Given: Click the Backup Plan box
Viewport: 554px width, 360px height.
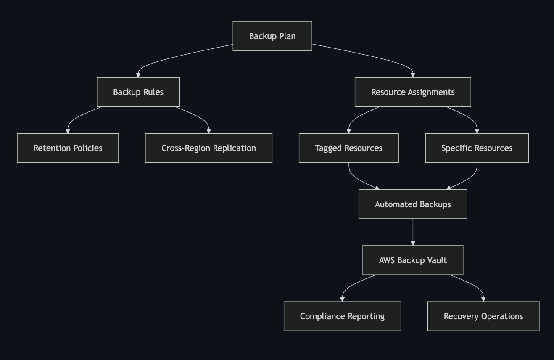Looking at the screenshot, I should tap(272, 36).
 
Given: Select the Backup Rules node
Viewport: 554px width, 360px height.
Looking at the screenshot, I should tap(138, 92).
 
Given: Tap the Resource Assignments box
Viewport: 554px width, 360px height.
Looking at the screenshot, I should tap(413, 92).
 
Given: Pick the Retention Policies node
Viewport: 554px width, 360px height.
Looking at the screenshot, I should tap(68, 148).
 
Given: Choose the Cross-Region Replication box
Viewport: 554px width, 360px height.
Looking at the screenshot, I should tap(208, 148).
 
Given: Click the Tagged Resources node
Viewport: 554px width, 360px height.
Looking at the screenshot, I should tap(349, 148).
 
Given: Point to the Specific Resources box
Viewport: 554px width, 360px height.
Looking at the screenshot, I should tap(477, 148).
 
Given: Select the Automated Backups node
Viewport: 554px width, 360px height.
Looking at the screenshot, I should tap(413, 204).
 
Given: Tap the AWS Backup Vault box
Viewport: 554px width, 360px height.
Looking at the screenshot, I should tap(413, 260).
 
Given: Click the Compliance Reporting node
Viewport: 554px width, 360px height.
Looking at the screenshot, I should tap(342, 316).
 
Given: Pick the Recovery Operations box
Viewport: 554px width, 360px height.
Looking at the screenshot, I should tap(483, 316).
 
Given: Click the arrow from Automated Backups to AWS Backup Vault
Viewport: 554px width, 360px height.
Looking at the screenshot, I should tap(413, 232).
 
